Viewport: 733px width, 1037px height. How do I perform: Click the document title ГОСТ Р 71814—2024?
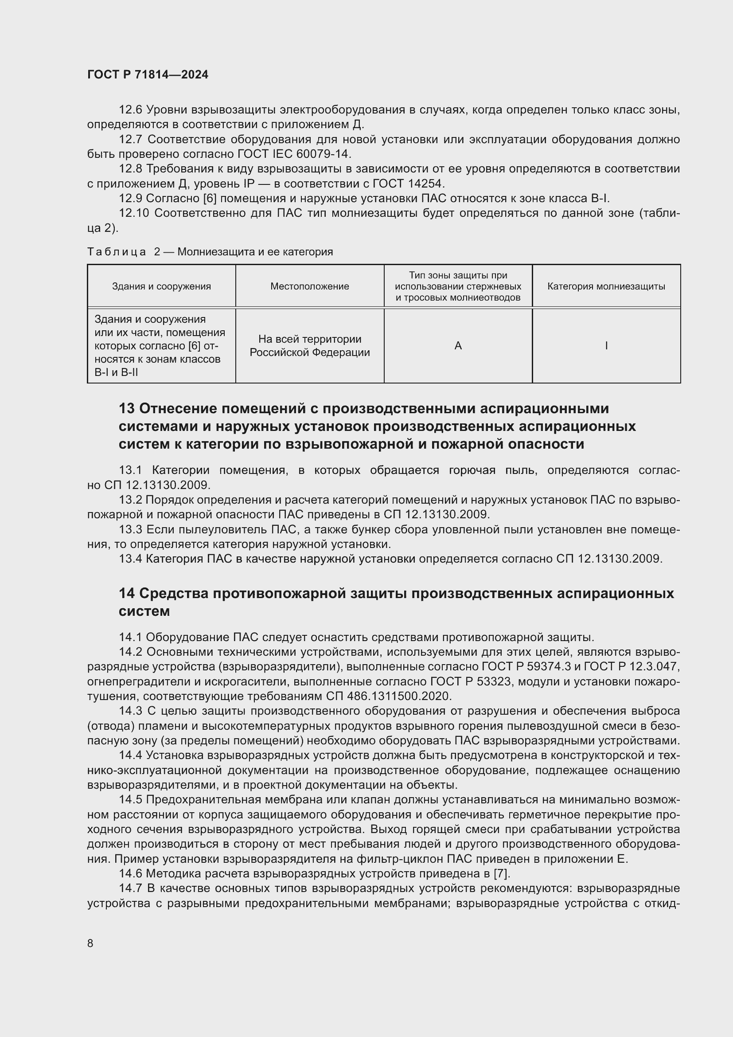pyautogui.click(x=148, y=74)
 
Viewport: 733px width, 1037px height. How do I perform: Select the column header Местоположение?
pyautogui.click(x=309, y=286)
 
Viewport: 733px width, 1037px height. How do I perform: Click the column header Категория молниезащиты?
pyautogui.click(x=606, y=286)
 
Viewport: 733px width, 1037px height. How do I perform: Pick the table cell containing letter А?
pyautogui.click(x=458, y=346)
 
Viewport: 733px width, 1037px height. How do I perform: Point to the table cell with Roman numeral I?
pyautogui.click(x=606, y=346)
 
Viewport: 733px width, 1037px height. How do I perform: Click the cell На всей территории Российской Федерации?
pyautogui.click(x=310, y=346)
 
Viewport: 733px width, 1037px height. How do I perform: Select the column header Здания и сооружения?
pyautogui.click(x=161, y=286)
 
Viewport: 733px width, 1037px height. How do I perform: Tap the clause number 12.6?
pyautogui.click(x=130, y=110)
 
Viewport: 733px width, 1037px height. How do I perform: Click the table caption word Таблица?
pyautogui.click(x=117, y=252)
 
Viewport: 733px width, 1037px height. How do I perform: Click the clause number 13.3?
pyautogui.click(x=130, y=529)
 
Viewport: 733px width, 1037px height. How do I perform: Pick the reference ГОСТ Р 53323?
pyautogui.click(x=471, y=681)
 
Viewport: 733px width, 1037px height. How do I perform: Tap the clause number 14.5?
pyautogui.click(x=130, y=799)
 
